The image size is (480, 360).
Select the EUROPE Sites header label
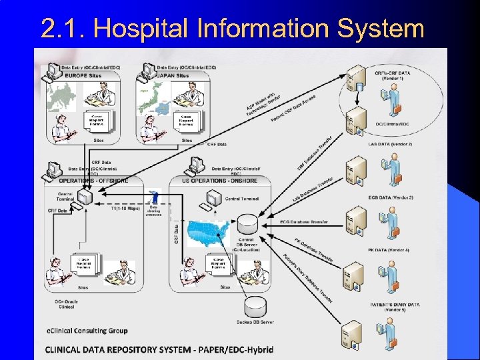tap(85, 76)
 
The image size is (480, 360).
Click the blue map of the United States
tap(211, 233)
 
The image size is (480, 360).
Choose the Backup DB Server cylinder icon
tap(255, 307)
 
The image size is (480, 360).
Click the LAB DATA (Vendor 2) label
tap(391, 144)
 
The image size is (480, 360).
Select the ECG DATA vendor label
tap(391, 197)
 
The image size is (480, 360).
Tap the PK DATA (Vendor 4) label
tap(391, 250)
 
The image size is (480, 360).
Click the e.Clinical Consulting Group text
tap(87, 331)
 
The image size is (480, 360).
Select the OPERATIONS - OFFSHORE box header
tap(94, 181)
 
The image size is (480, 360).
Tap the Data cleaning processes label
tap(153, 210)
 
